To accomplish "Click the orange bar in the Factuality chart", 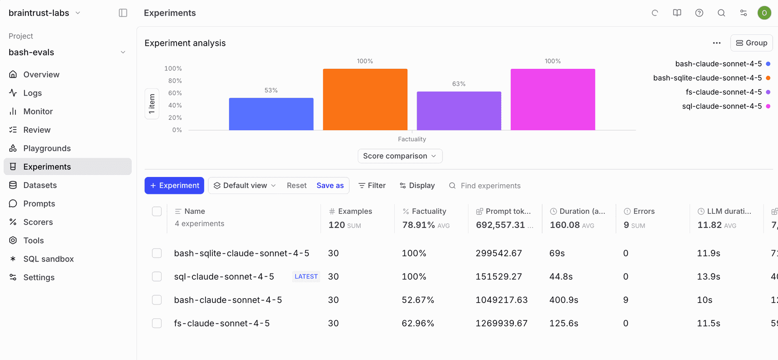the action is pyautogui.click(x=365, y=99).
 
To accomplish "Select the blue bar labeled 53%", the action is pyautogui.click(x=271, y=114).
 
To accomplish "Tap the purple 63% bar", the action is pyautogui.click(x=459, y=111).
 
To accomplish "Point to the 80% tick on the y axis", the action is pyautogui.click(x=175, y=81).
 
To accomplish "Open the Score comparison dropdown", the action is pyautogui.click(x=400, y=156).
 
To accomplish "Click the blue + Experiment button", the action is pyautogui.click(x=174, y=185).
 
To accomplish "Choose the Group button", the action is pyautogui.click(x=751, y=43).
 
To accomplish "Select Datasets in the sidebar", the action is pyautogui.click(x=40, y=185).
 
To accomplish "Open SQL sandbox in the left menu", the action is pyautogui.click(x=48, y=259).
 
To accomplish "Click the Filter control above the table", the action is pyautogui.click(x=372, y=185).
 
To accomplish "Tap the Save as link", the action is pyautogui.click(x=330, y=185).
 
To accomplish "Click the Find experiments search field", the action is pyautogui.click(x=490, y=186).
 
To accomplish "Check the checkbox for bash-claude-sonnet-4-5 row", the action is pyautogui.click(x=157, y=300).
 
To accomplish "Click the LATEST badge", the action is pyautogui.click(x=306, y=277).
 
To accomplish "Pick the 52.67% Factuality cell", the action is pyautogui.click(x=418, y=300).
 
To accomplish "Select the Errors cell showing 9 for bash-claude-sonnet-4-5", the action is pyautogui.click(x=626, y=300).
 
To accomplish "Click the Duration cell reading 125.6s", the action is pyautogui.click(x=564, y=324).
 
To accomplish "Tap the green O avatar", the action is pyautogui.click(x=764, y=13).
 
